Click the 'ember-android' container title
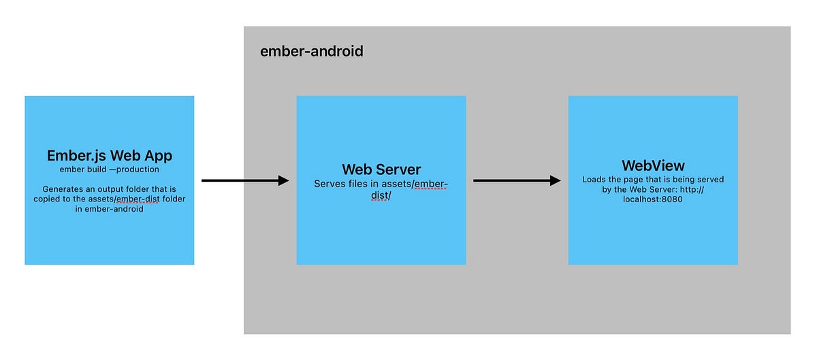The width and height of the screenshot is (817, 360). tap(311, 51)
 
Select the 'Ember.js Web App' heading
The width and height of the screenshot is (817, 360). tap(110, 155)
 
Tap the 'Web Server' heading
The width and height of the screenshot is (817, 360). tap(381, 169)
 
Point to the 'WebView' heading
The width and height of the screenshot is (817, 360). tap(653, 165)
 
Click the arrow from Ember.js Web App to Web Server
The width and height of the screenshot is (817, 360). tap(245, 180)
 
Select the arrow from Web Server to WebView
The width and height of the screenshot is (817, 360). tap(516, 180)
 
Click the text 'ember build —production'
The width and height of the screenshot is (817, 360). tap(109, 169)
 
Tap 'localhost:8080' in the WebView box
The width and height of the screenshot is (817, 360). tap(653, 199)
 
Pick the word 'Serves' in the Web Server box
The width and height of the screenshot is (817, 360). tap(330, 184)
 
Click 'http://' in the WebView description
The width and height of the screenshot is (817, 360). tap(690, 190)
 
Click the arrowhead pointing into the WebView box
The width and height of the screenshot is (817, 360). tap(554, 180)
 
